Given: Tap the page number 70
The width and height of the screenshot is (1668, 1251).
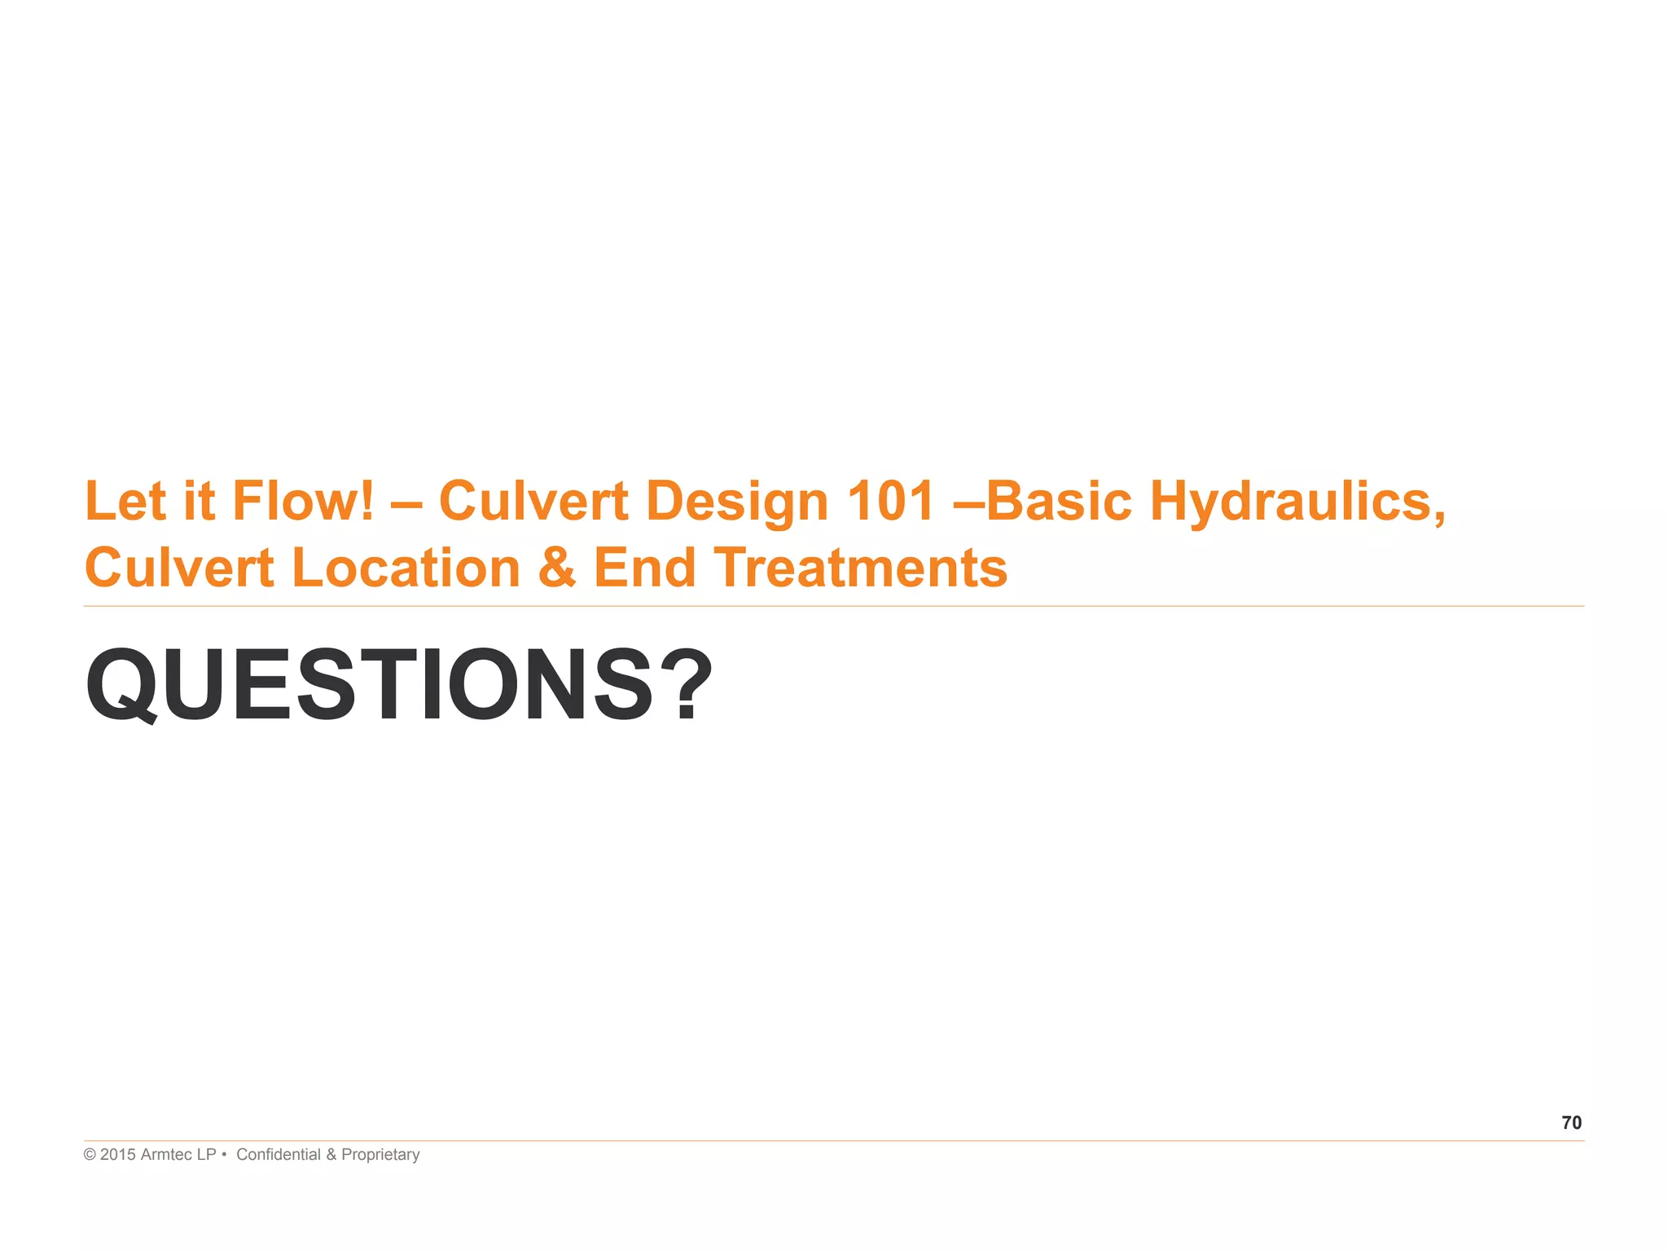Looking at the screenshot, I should [1571, 1123].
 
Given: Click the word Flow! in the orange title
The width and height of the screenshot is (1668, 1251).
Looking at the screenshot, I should [304, 500].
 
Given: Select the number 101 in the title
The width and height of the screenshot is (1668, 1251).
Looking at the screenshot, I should [890, 500].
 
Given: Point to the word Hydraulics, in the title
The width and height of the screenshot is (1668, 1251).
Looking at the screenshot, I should [1297, 502].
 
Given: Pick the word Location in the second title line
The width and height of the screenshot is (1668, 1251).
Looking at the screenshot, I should [406, 568].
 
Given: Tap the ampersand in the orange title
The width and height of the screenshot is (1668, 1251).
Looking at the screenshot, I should [557, 568].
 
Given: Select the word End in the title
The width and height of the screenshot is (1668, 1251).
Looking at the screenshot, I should [644, 568].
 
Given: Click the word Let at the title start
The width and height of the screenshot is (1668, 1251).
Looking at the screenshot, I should [125, 500].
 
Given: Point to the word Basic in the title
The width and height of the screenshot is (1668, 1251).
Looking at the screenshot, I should [1059, 500].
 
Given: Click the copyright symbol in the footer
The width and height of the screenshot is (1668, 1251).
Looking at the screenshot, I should [90, 1155].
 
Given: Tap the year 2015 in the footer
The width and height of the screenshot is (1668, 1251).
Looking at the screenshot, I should [118, 1155].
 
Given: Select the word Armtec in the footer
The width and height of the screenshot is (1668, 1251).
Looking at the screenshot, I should [166, 1155].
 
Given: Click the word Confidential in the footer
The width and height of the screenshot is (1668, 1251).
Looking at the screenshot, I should [279, 1155].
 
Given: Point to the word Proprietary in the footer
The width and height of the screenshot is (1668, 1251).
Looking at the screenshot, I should [380, 1155].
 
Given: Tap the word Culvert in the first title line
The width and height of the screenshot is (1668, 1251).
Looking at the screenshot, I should [533, 500].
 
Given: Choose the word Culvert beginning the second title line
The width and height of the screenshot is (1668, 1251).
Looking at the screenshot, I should [179, 568].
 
